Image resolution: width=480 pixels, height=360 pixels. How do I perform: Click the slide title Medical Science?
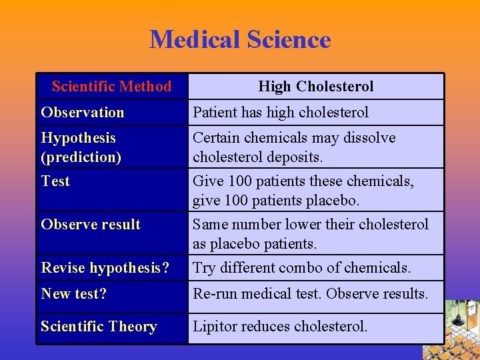click(x=240, y=40)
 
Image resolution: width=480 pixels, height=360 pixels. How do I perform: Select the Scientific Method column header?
click(x=111, y=86)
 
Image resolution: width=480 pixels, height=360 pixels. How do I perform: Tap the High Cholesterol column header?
click(x=315, y=86)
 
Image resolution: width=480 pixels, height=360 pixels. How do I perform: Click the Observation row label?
click(x=83, y=112)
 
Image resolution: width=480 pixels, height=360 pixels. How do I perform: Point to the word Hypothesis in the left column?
click(x=78, y=138)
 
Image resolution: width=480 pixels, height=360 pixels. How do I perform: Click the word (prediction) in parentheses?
click(x=81, y=157)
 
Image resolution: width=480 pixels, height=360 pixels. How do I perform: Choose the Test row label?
click(x=55, y=181)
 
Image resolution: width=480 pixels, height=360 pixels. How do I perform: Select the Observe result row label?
click(x=91, y=224)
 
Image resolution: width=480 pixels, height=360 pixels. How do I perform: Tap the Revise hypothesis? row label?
click(x=105, y=267)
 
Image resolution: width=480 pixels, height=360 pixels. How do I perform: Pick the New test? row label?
click(x=73, y=293)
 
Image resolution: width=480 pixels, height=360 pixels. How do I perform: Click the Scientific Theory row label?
click(x=99, y=326)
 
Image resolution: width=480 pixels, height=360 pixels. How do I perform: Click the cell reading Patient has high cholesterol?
click(x=281, y=112)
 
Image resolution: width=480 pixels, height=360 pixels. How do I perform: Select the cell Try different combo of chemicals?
click(x=301, y=267)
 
